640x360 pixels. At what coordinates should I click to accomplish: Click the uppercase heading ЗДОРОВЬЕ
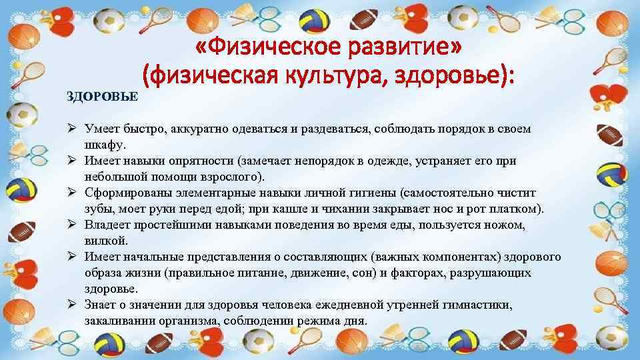pyautogui.click(x=102, y=97)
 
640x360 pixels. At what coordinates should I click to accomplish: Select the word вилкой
pyautogui.click(x=103, y=241)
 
